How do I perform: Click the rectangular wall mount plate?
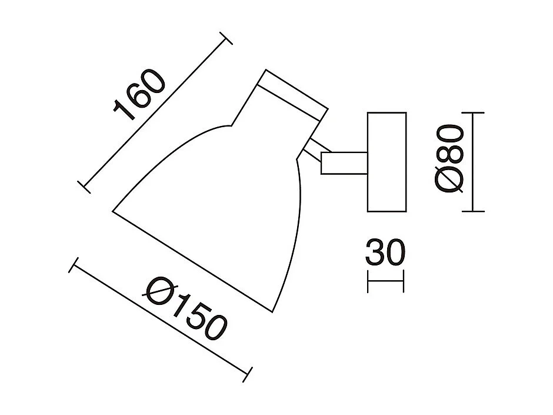click(387, 162)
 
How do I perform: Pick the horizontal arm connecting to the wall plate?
click(344, 162)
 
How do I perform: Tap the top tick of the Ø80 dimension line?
click(474, 112)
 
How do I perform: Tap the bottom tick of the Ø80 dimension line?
click(474, 211)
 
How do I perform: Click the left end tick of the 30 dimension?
click(368, 281)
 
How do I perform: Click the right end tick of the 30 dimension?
click(404, 281)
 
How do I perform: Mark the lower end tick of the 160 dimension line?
click(86, 185)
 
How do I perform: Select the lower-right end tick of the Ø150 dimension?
click(248, 373)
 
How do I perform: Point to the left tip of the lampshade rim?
click(114, 210)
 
